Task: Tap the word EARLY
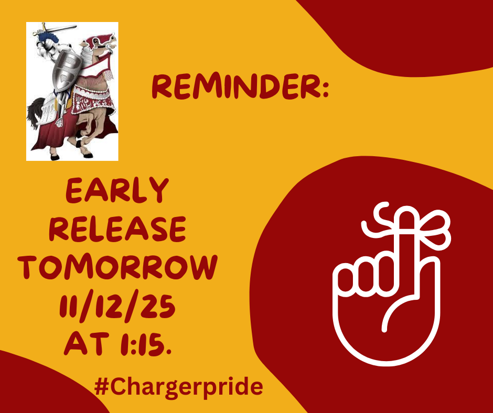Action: [117, 190]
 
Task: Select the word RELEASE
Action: [117, 229]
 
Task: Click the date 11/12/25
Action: [117, 306]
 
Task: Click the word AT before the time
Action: [86, 344]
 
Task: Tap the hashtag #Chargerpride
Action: [178, 387]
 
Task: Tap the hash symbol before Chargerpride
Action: [101, 386]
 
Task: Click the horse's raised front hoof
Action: [79, 144]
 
